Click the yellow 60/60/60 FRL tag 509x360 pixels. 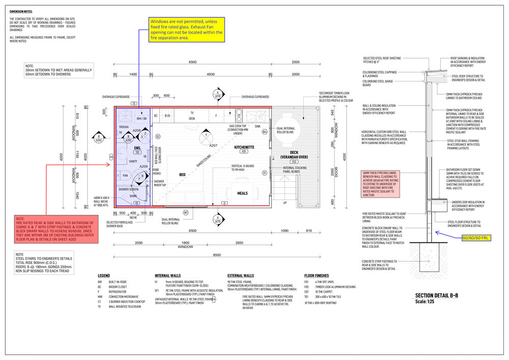(x=475, y=238)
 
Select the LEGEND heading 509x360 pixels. (x=104, y=275)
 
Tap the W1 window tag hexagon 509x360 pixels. (x=186, y=212)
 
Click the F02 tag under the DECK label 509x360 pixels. (x=294, y=161)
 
